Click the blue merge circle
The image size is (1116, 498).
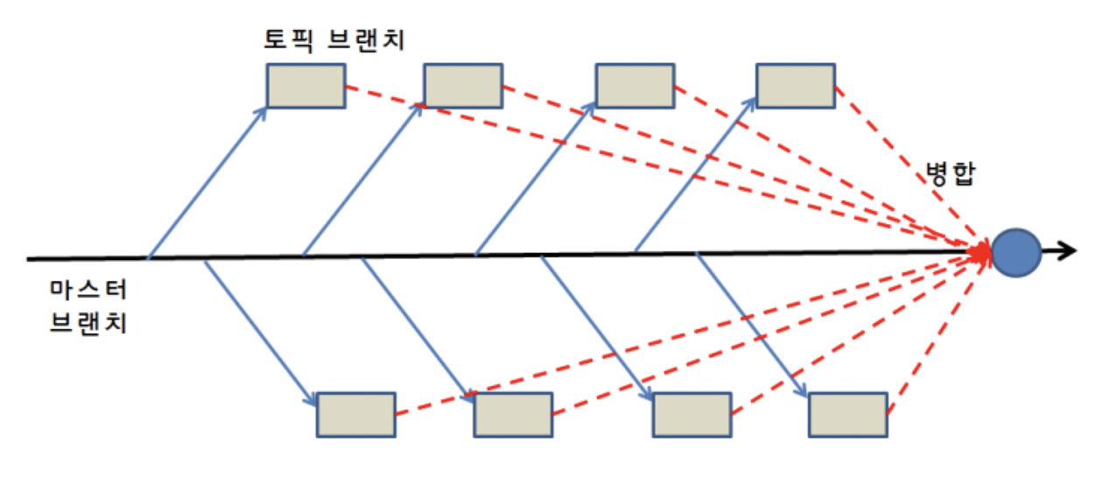[1016, 252]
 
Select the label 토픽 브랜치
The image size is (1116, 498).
[333, 40]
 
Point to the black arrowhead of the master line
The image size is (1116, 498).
[1068, 252]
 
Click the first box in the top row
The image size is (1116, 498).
[305, 86]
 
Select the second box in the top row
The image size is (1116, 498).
[463, 86]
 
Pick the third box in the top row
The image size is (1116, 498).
[635, 86]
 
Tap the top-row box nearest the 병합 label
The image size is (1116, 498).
[795, 86]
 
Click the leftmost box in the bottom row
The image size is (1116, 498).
[355, 415]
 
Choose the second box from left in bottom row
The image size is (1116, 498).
[513, 415]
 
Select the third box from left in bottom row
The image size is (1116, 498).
[691, 415]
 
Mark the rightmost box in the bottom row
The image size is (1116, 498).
[847, 415]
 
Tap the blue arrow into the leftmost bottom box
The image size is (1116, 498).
[261, 333]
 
